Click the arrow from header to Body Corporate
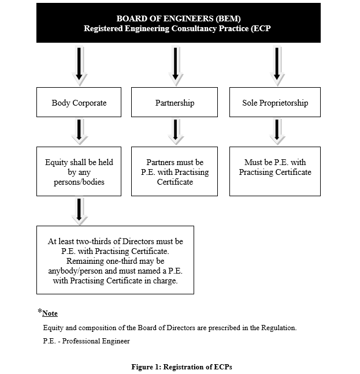pyautogui.click(x=79, y=65)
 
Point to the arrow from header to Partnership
pyautogui.click(x=176, y=65)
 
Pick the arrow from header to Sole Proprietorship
pyautogui.click(x=277, y=65)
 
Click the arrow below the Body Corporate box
pyautogui.click(x=80, y=132)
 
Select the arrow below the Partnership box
pyautogui.click(x=176, y=132)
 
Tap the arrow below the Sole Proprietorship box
pyautogui.click(x=277, y=132)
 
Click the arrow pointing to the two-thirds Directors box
pyautogui.click(x=80, y=211)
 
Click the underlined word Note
pyautogui.click(x=50, y=313)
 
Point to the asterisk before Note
pyautogui.click(x=40, y=311)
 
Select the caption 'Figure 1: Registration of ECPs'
pyautogui.click(x=181, y=367)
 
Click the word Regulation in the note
pyautogui.click(x=279, y=328)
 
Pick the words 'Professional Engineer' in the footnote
pyautogui.click(x=96, y=341)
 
